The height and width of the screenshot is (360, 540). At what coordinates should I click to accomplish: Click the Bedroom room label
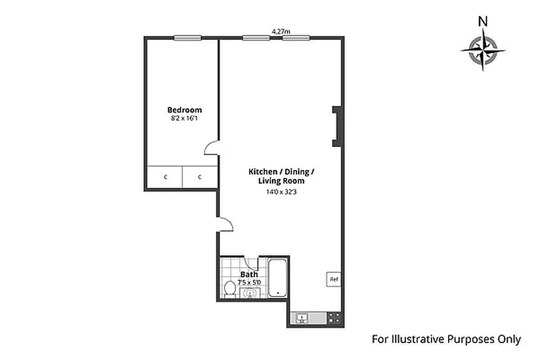pos(184,110)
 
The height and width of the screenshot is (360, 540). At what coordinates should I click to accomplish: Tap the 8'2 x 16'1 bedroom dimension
pos(184,118)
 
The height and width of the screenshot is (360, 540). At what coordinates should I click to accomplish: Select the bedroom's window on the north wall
pos(188,38)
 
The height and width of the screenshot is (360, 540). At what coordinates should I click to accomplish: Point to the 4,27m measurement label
pos(281,31)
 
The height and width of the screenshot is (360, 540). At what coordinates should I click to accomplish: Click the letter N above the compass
pos(483,21)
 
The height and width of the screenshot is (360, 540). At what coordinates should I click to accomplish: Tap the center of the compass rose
pos(483,50)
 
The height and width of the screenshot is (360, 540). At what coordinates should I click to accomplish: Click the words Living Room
pos(281,181)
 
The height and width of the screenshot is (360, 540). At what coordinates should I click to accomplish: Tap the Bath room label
pos(249,274)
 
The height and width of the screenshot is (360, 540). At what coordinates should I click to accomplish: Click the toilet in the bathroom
pos(230,288)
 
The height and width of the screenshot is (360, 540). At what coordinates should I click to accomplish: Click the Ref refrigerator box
pos(333,279)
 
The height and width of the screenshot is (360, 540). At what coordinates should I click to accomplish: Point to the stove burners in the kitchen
pos(334,318)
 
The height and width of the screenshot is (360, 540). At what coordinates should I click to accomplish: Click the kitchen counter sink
pos(302,318)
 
